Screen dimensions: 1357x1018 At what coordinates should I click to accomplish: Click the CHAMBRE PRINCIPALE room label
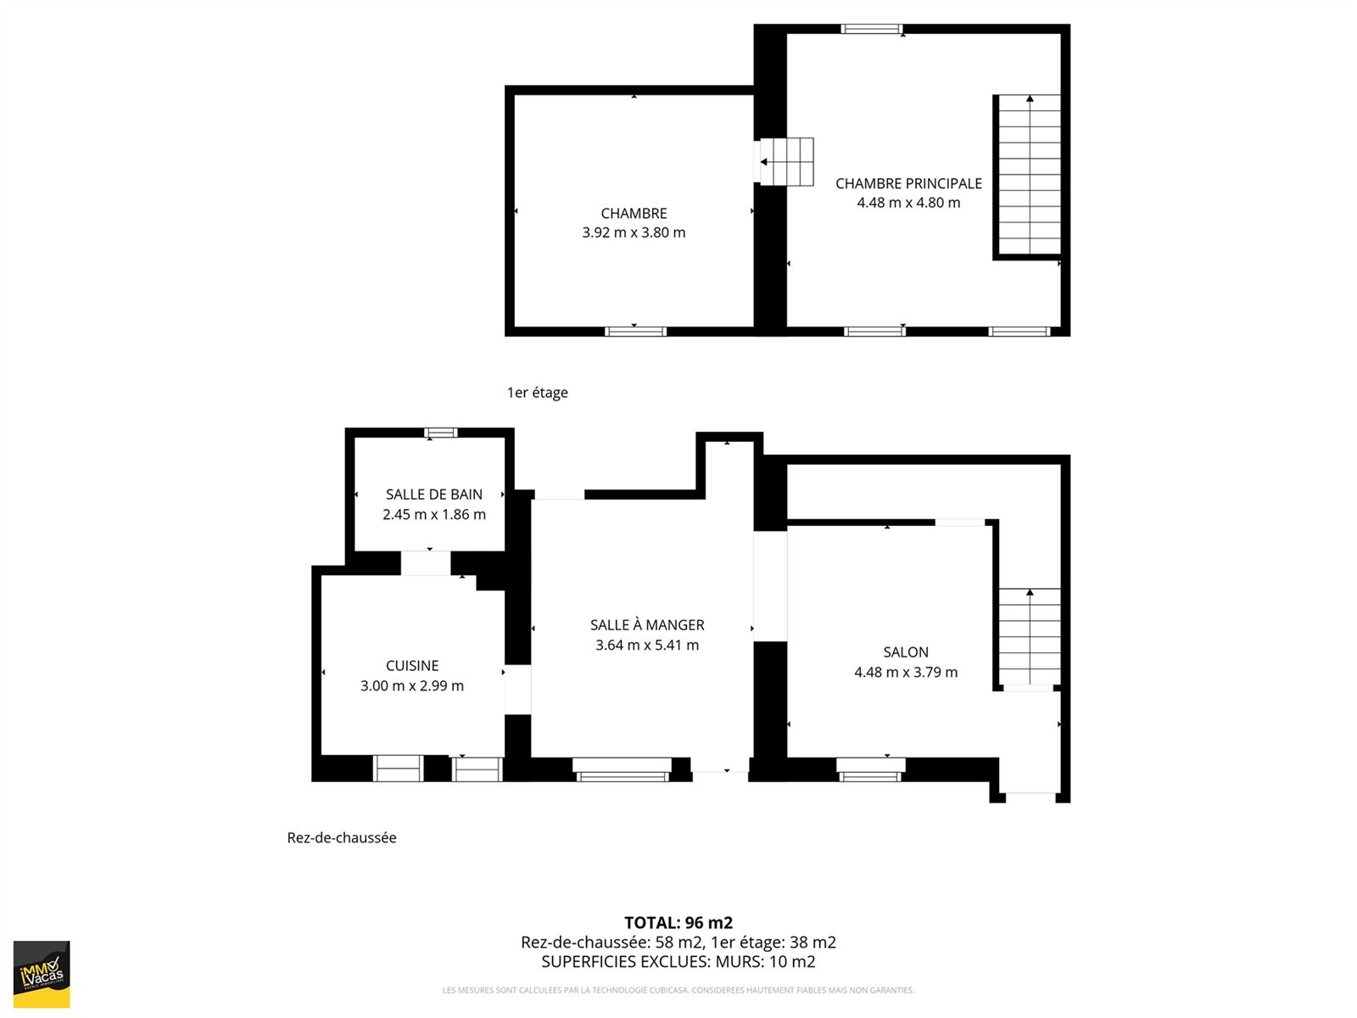[908, 183]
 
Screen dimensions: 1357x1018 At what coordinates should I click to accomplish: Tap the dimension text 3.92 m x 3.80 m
[634, 232]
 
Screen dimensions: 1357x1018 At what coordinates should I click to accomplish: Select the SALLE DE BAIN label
[434, 495]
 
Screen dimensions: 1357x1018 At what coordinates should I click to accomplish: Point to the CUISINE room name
[412, 666]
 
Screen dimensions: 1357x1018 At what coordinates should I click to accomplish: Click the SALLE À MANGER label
[647, 625]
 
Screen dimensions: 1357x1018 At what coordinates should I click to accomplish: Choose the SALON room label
[906, 652]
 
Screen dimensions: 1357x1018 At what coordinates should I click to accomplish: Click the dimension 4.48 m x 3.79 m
[906, 673]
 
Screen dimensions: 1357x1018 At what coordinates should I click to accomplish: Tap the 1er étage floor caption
[537, 393]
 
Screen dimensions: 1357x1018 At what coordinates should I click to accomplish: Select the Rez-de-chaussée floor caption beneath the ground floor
[342, 837]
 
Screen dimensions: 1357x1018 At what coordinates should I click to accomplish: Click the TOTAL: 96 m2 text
[678, 923]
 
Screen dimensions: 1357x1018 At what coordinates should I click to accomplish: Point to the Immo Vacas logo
[42, 974]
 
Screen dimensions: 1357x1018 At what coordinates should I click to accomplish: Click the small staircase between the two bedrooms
[786, 162]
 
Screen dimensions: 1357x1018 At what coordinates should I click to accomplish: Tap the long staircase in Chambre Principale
[1030, 175]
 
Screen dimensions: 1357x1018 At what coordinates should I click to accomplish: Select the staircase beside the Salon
[1030, 636]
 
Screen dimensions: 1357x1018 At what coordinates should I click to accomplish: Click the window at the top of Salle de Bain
[441, 433]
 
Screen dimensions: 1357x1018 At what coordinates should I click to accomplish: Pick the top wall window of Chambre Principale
[872, 29]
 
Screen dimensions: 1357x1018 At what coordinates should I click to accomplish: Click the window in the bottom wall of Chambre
[635, 332]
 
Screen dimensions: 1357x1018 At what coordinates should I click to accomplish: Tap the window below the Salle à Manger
[622, 770]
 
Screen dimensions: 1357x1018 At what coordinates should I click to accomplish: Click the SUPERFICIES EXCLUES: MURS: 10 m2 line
[678, 962]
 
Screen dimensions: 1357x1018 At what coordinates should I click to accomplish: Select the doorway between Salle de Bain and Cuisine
[426, 563]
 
